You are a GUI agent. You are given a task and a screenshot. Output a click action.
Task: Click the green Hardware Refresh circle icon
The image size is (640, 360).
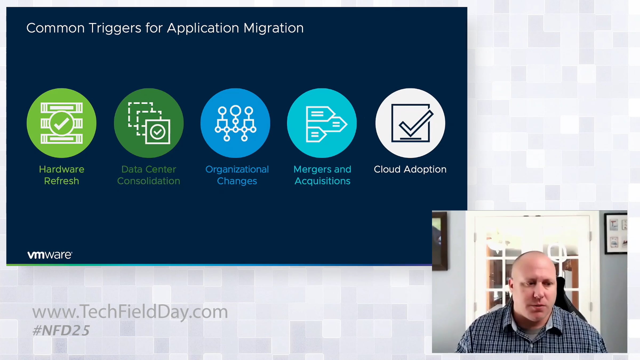62,123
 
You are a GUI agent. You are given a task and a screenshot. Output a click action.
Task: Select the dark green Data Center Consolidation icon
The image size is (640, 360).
149,123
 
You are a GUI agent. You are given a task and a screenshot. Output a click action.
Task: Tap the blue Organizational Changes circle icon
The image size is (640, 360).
235,123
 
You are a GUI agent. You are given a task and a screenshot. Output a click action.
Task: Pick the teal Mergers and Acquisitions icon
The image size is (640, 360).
322,123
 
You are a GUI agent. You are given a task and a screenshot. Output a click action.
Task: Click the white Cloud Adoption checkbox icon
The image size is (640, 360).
410,123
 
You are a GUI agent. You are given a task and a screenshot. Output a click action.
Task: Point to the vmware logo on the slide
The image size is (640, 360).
50,255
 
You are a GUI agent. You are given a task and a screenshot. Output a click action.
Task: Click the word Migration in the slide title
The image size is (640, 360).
274,28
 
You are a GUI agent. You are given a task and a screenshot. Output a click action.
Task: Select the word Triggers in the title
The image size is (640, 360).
115,28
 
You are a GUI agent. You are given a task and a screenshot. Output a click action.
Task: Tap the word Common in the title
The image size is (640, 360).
55,28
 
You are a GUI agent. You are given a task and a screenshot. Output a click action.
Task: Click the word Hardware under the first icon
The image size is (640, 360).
62,169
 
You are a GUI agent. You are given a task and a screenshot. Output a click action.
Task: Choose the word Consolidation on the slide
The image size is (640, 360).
149,181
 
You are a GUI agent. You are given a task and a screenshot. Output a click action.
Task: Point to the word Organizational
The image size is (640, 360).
237,170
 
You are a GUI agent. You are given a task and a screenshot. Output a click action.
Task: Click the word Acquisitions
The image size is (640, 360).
322,181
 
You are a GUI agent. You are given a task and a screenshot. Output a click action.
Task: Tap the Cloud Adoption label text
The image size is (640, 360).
410,170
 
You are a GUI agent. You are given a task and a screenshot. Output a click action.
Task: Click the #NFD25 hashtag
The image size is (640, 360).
61,331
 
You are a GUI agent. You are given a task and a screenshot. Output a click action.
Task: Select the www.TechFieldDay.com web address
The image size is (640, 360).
130,312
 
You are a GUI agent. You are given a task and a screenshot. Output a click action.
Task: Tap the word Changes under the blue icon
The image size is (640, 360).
237,181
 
